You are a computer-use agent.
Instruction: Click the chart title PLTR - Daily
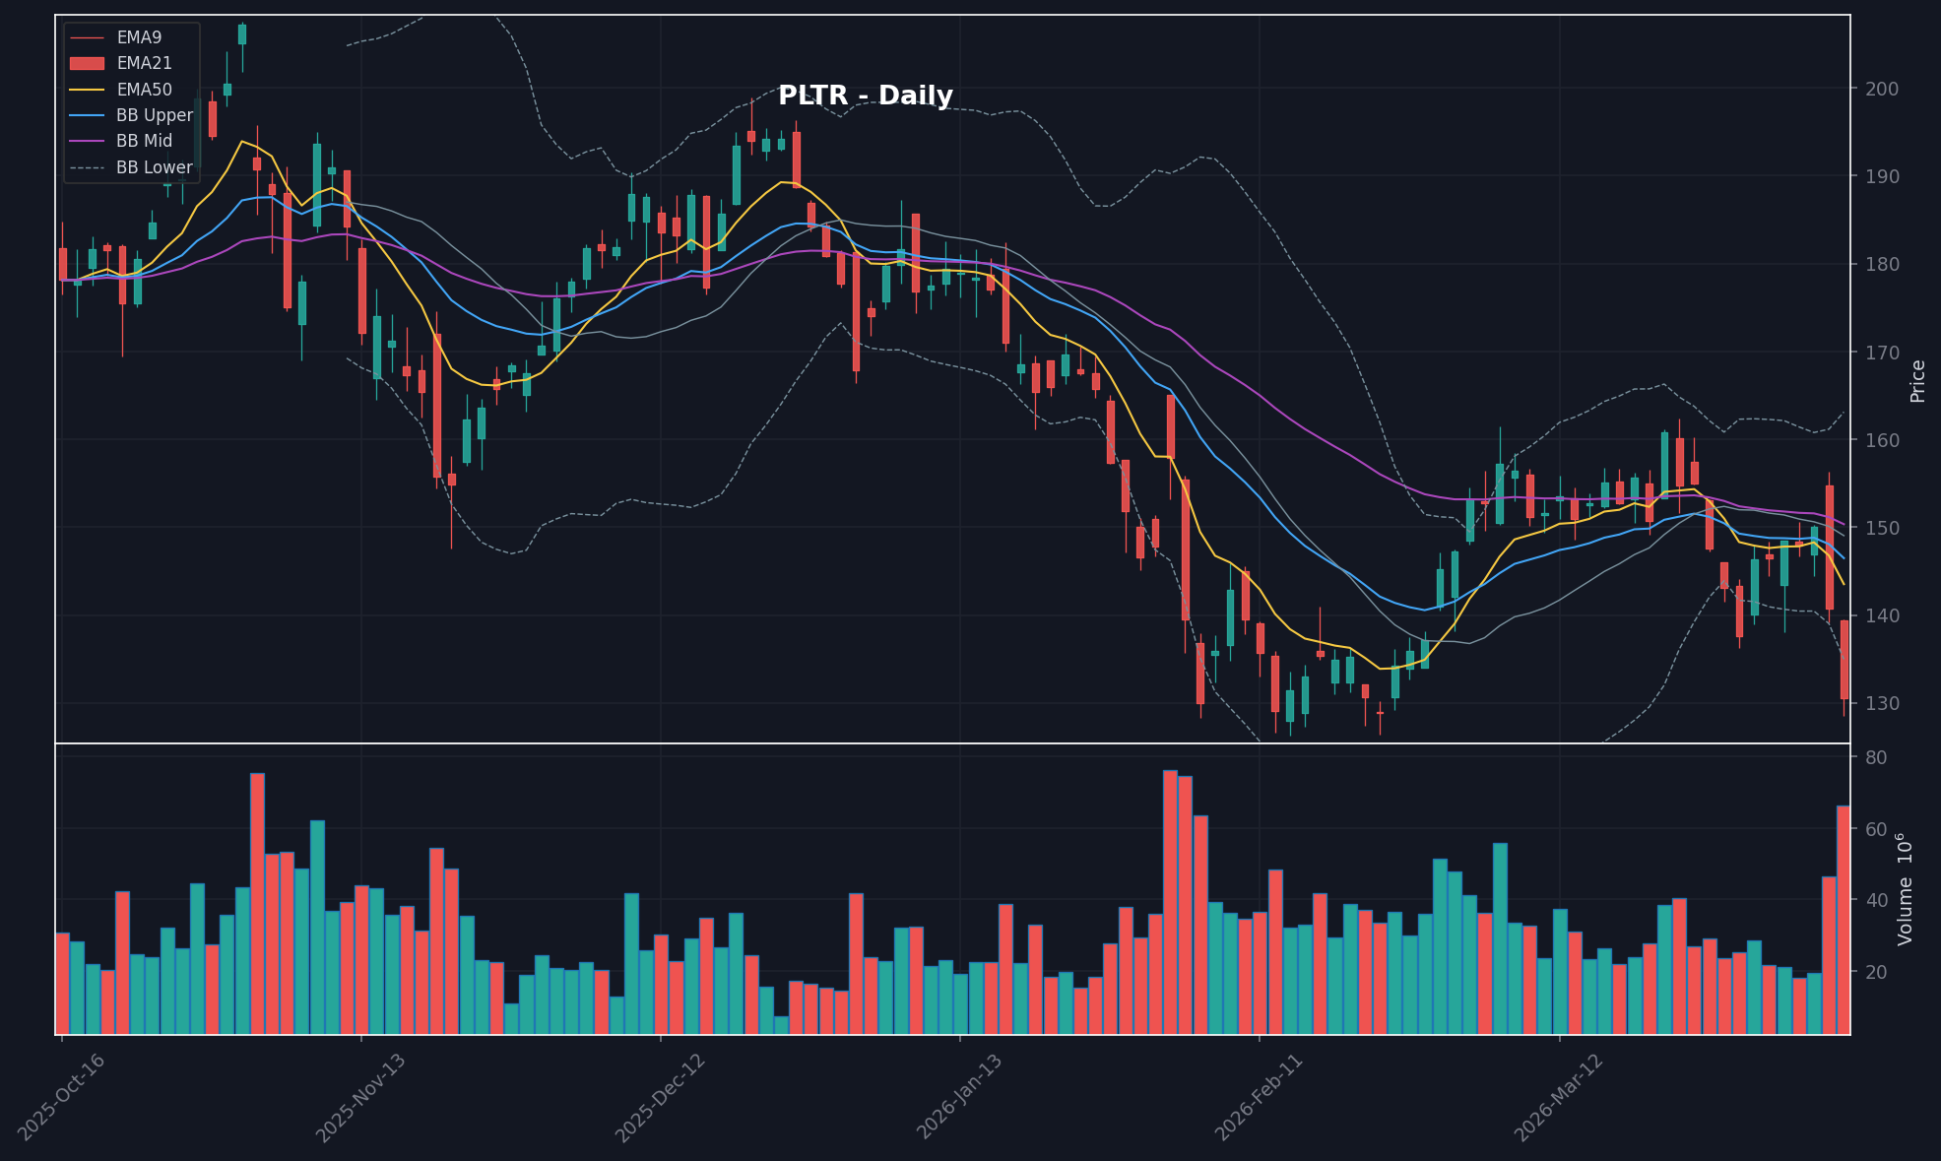pos(865,97)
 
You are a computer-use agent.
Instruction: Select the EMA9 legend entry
pos(138,37)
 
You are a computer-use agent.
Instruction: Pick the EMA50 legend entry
pos(144,90)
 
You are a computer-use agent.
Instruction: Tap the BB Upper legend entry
pos(154,115)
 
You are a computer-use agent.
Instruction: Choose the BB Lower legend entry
pos(154,167)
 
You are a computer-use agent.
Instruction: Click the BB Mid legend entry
pos(144,141)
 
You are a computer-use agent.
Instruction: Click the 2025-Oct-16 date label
pos(61,1098)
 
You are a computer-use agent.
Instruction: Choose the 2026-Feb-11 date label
pos(1259,1098)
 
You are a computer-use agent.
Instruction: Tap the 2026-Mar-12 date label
pos(1558,1098)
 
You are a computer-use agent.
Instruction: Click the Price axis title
pos(1917,381)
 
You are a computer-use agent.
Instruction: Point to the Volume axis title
pos(1906,889)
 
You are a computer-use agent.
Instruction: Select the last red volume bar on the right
pos(1843,920)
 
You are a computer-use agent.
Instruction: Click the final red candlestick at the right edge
pos(1844,660)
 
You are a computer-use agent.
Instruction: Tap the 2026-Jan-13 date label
pos(959,1098)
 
